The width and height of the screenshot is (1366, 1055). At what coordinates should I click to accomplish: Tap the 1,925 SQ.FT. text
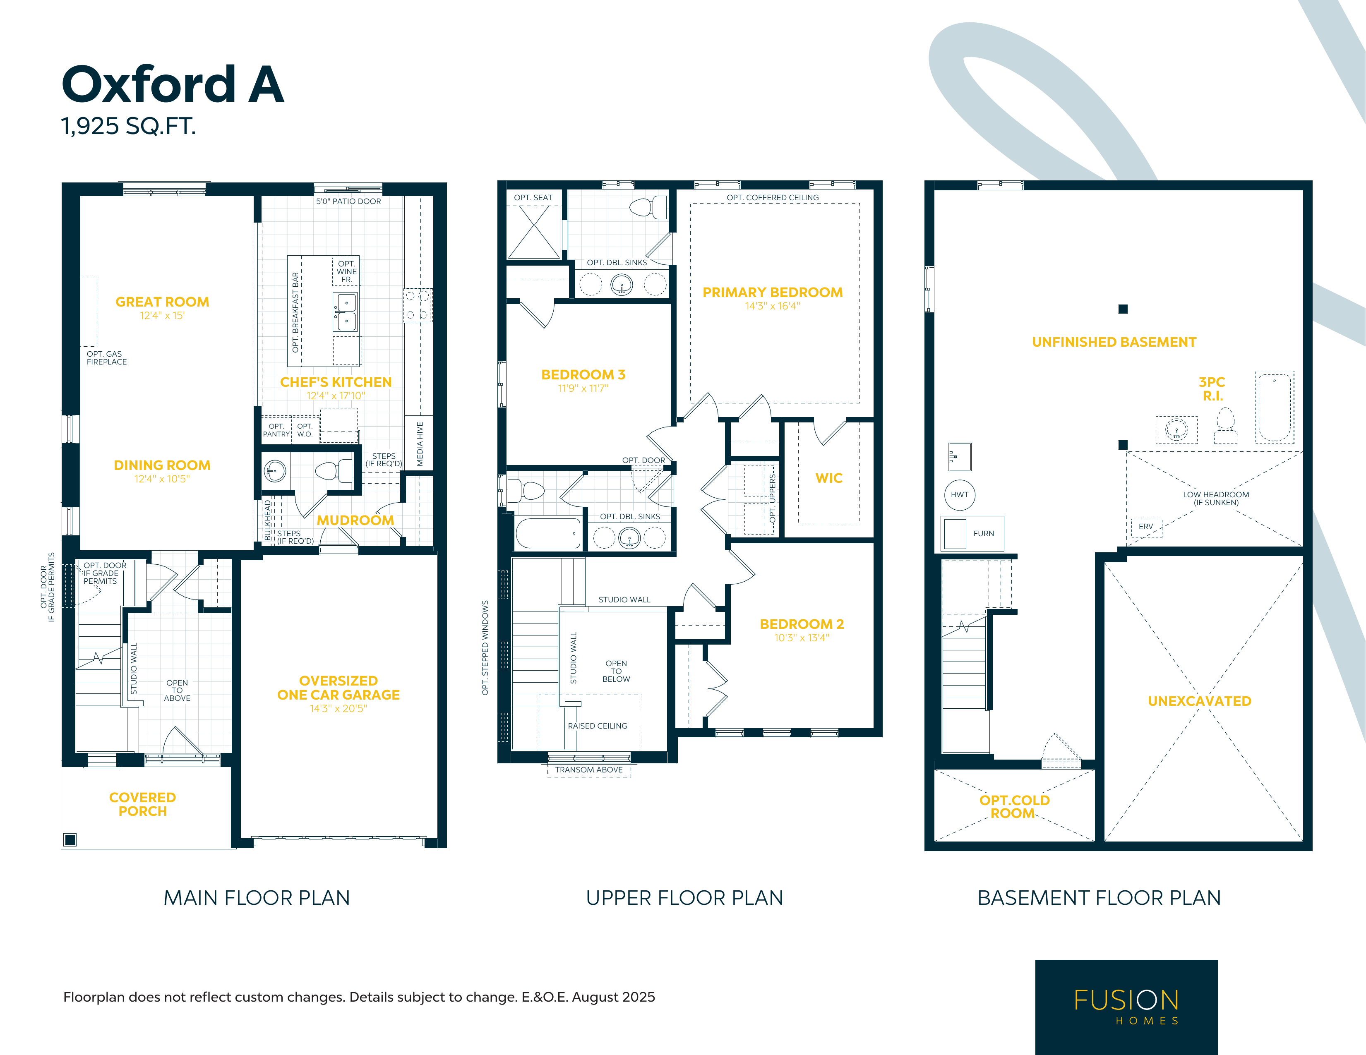[x=128, y=126]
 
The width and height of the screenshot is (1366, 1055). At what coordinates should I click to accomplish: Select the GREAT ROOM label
[x=162, y=302]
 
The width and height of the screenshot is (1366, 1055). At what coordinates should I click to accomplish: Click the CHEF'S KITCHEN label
[x=336, y=382]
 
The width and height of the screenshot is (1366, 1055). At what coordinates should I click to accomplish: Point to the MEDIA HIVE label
[x=420, y=444]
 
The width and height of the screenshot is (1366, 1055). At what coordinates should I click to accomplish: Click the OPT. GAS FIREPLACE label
[x=106, y=358]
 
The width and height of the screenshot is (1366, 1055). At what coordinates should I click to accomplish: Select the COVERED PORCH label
[x=143, y=804]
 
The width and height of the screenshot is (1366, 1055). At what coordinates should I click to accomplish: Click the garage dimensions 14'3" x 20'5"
[x=338, y=709]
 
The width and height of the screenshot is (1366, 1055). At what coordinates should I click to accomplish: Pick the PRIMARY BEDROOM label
[x=773, y=293]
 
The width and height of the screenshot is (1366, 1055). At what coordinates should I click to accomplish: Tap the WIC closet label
[x=829, y=478]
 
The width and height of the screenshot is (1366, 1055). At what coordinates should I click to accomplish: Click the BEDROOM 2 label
[x=802, y=624]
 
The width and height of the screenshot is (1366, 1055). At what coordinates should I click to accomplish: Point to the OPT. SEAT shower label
[x=533, y=198]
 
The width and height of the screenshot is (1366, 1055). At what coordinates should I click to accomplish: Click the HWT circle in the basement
[x=960, y=495]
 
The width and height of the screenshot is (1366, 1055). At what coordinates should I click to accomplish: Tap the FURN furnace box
[x=972, y=533]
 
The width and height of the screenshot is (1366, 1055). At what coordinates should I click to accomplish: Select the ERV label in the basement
[x=1146, y=527]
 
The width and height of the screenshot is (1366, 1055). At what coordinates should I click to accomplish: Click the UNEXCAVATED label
[x=1200, y=701]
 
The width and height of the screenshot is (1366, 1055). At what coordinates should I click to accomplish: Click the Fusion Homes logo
[x=1126, y=1007]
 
